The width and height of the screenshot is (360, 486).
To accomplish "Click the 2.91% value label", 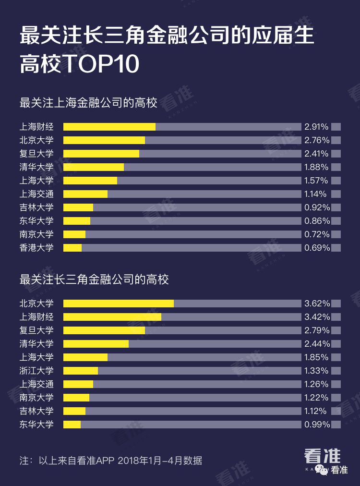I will (x=316, y=127).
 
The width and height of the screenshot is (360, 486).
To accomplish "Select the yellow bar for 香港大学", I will (x=72, y=248).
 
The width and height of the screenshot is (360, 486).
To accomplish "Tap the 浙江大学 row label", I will (x=36, y=371).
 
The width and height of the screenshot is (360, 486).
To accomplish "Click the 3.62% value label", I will (x=316, y=304).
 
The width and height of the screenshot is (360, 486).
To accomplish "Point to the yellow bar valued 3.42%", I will (x=112, y=317).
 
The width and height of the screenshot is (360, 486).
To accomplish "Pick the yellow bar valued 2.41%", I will (x=101, y=154).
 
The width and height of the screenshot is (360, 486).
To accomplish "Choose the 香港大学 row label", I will (x=36, y=248).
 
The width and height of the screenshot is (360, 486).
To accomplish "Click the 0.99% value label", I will (x=316, y=425).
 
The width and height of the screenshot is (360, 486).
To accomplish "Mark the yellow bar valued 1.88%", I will (x=94, y=167).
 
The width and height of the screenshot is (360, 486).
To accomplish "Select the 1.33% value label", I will (x=316, y=371).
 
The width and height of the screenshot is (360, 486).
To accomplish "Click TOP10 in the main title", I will (x=101, y=64).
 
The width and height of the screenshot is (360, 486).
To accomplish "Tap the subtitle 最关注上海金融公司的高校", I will (x=88, y=103).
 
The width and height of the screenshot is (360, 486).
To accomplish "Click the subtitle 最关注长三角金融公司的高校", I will (x=94, y=279).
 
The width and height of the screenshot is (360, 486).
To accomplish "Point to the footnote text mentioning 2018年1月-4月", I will (x=110, y=461).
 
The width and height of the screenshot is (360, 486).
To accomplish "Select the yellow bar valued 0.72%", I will (x=74, y=234).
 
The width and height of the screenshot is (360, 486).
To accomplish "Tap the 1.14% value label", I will (x=315, y=194).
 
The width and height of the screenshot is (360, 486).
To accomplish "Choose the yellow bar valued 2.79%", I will (x=104, y=330).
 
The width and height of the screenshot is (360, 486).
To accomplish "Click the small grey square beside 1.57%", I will (x=336, y=181).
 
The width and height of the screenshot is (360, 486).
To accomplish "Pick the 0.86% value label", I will (x=316, y=221).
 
